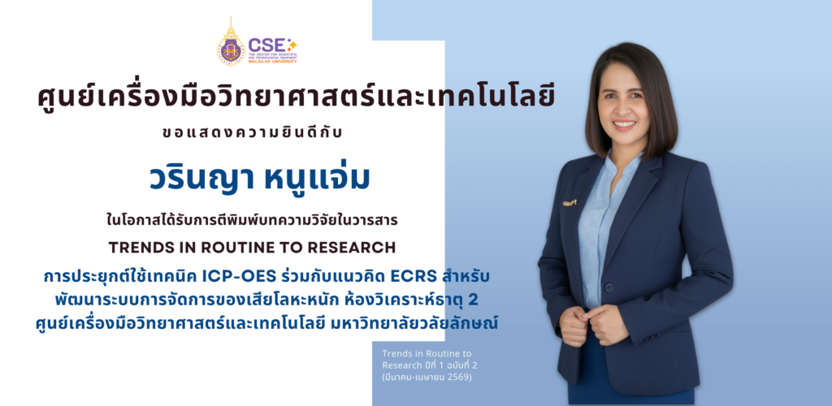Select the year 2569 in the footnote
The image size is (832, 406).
tap(459, 378)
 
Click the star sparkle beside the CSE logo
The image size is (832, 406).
tap(292, 43)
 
